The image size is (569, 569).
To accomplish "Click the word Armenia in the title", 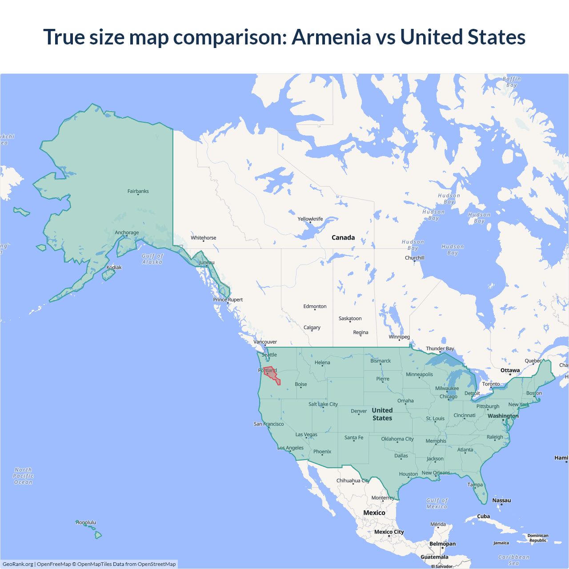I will tap(331, 37).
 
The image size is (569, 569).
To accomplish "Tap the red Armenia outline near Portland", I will tap(271, 375).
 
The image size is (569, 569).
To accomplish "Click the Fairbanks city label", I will tap(138, 191).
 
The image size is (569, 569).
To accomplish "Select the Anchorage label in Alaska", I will tap(127, 232).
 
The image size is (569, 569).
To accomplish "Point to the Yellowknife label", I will tap(310, 219).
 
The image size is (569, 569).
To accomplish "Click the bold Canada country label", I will tap(343, 237).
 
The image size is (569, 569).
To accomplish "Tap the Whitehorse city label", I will tap(204, 238).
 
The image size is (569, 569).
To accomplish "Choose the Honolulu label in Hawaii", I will tap(86, 522).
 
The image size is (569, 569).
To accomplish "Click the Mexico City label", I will tap(389, 532).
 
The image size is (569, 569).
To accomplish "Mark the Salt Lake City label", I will tap(323, 404).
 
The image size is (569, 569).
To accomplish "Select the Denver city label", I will tap(359, 411).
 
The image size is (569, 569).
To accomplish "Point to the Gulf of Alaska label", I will tap(152, 259).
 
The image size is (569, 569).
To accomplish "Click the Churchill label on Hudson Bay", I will tap(414, 258).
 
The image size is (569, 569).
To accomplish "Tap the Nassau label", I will tap(501, 500).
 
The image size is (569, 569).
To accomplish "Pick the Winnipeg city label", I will tap(399, 337).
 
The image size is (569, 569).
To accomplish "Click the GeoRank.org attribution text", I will tap(18, 564).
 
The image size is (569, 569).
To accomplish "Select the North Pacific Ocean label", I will tap(23, 476).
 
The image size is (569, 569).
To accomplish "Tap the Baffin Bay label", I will tap(512, 82).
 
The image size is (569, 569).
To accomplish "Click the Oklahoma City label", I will tap(397, 439).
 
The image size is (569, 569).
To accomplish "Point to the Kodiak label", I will tap(114, 267).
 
